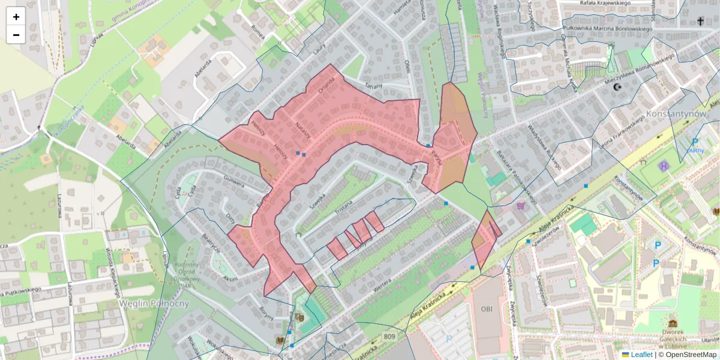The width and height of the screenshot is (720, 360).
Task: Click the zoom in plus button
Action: tap(16, 17)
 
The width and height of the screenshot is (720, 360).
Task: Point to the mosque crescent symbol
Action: tap(617, 88)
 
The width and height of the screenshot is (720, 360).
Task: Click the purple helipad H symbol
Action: tap(664, 166)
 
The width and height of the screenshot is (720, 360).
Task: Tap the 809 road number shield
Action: tap(389, 337)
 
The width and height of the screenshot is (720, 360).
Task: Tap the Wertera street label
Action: tap(382, 283)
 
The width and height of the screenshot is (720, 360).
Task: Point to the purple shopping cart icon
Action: tap(520, 205)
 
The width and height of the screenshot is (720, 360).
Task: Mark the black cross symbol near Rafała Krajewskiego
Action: tap(700, 22)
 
